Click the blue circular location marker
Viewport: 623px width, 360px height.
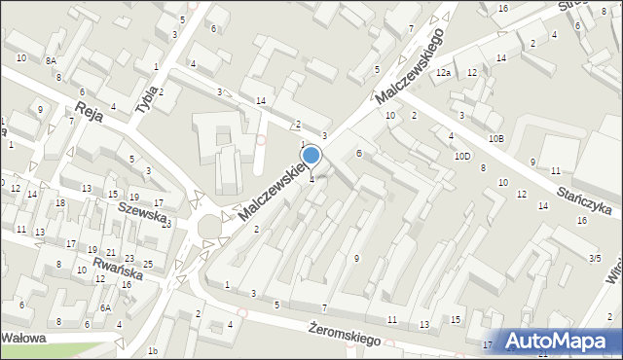311,155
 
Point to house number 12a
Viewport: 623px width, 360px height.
443,73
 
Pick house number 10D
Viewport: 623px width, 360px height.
461,156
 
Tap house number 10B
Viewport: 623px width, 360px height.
496,139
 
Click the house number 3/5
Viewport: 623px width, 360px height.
594,258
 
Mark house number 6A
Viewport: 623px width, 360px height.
104,307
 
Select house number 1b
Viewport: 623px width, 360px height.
152,350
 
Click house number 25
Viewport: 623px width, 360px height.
147,264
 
